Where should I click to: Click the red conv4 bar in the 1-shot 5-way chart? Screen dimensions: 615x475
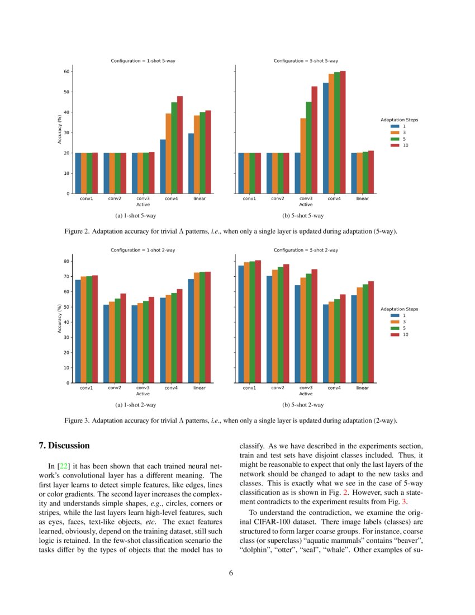coord(180,145)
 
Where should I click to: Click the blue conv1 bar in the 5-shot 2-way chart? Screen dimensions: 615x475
coord(241,324)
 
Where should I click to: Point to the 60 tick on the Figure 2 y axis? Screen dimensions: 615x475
coord(66,72)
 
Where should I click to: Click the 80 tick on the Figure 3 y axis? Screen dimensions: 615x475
coord(66,262)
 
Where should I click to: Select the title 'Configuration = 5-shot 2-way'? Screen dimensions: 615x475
coord(306,250)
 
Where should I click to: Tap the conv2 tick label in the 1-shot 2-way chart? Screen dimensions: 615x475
coord(115,387)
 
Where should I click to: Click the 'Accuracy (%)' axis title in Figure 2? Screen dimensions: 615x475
coord(59,129)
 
